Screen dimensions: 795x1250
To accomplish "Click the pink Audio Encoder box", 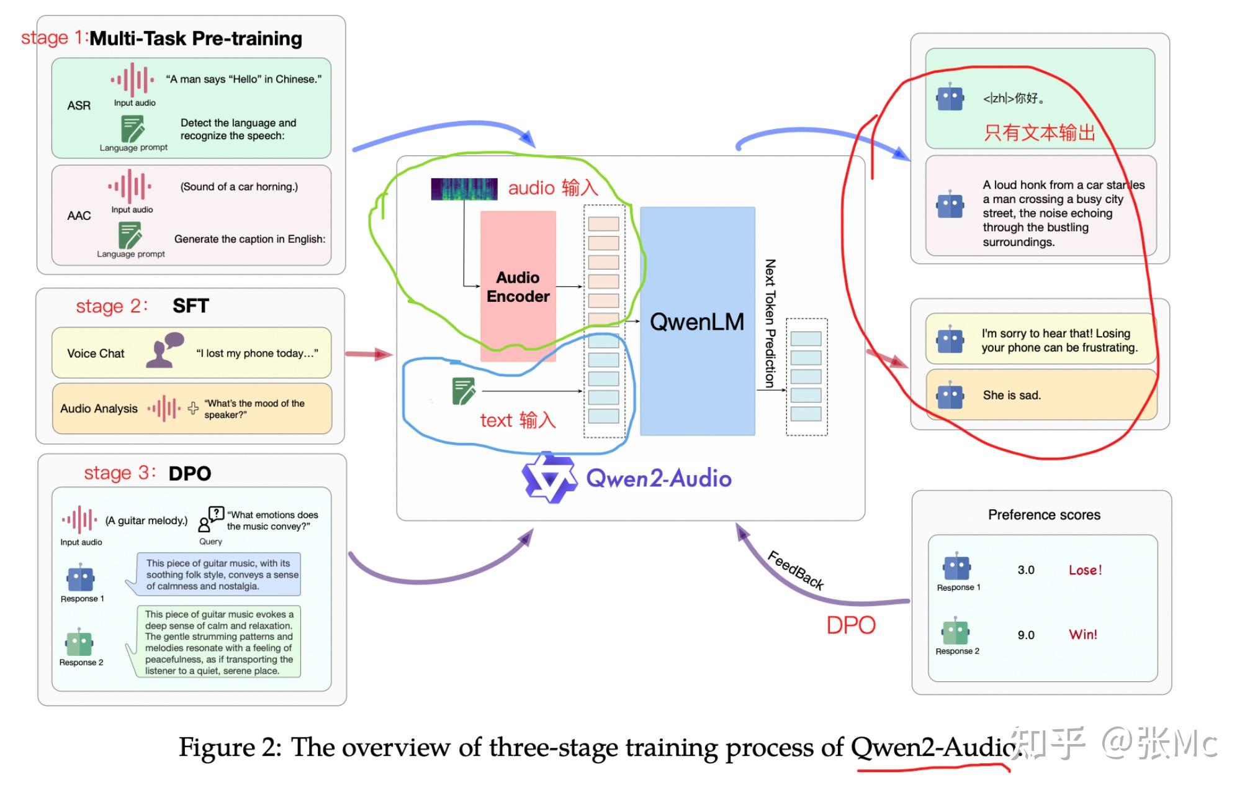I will [x=518, y=286].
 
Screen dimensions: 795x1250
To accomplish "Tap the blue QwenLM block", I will [x=697, y=321].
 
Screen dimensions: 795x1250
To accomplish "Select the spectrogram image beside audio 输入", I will [x=464, y=189].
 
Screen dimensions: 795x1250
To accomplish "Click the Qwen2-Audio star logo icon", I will [x=549, y=478].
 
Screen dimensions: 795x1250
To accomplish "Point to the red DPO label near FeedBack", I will [x=850, y=625].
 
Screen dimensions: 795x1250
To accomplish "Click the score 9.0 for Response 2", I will [x=1025, y=635].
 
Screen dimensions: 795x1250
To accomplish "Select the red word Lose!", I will [x=1084, y=570].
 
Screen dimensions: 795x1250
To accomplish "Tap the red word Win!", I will [x=1082, y=634].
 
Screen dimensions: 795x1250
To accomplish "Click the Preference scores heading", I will [x=1044, y=514].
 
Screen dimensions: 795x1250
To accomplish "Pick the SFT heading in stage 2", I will [x=191, y=306].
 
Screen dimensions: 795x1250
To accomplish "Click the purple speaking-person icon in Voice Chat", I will [x=164, y=351].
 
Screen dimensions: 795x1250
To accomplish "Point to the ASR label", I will [x=79, y=106].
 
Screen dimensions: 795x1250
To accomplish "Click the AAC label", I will [x=79, y=216].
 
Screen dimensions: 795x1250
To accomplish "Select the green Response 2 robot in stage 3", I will [x=79, y=643].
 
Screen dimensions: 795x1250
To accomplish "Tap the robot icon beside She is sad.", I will [x=950, y=396].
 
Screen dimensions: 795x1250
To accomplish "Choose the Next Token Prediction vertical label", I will [x=770, y=323].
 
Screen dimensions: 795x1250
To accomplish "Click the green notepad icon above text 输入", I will [x=464, y=391].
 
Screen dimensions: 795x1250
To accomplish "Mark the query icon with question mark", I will [x=211, y=519].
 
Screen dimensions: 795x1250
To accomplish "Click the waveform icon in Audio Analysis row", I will [x=164, y=408].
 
